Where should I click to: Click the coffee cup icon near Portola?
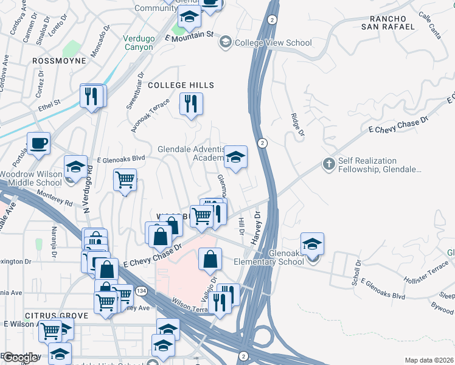[38, 143]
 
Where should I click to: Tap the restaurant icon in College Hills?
[191, 103]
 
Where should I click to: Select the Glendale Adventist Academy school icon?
[235, 158]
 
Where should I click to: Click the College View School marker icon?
[225, 43]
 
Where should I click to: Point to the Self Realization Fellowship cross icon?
[328, 164]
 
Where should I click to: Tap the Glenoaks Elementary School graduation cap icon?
[312, 245]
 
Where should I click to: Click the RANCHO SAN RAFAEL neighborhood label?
[387, 22]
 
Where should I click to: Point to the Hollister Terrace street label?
[426, 273]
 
